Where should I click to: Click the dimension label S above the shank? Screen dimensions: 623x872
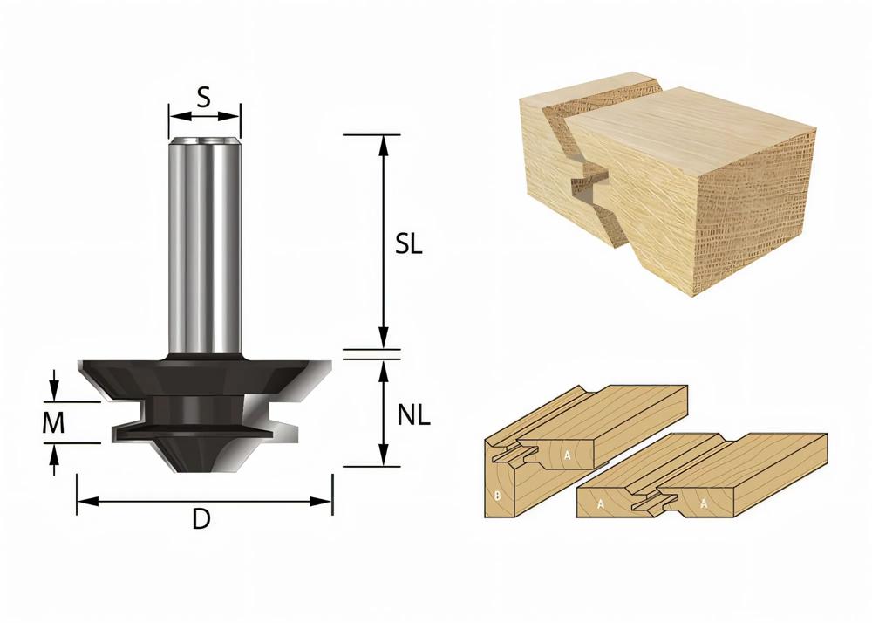click(203, 96)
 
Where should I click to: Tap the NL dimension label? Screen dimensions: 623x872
click(414, 415)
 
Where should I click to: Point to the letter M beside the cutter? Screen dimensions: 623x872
click(54, 423)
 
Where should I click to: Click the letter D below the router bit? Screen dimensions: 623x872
click(201, 520)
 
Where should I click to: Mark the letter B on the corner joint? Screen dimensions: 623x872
click(497, 498)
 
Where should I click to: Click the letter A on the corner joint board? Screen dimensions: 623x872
click(567, 454)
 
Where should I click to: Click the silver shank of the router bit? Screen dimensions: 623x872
click(205, 244)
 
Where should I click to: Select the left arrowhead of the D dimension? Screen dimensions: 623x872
click(84, 501)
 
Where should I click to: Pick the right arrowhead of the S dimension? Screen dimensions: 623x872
click(235, 114)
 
